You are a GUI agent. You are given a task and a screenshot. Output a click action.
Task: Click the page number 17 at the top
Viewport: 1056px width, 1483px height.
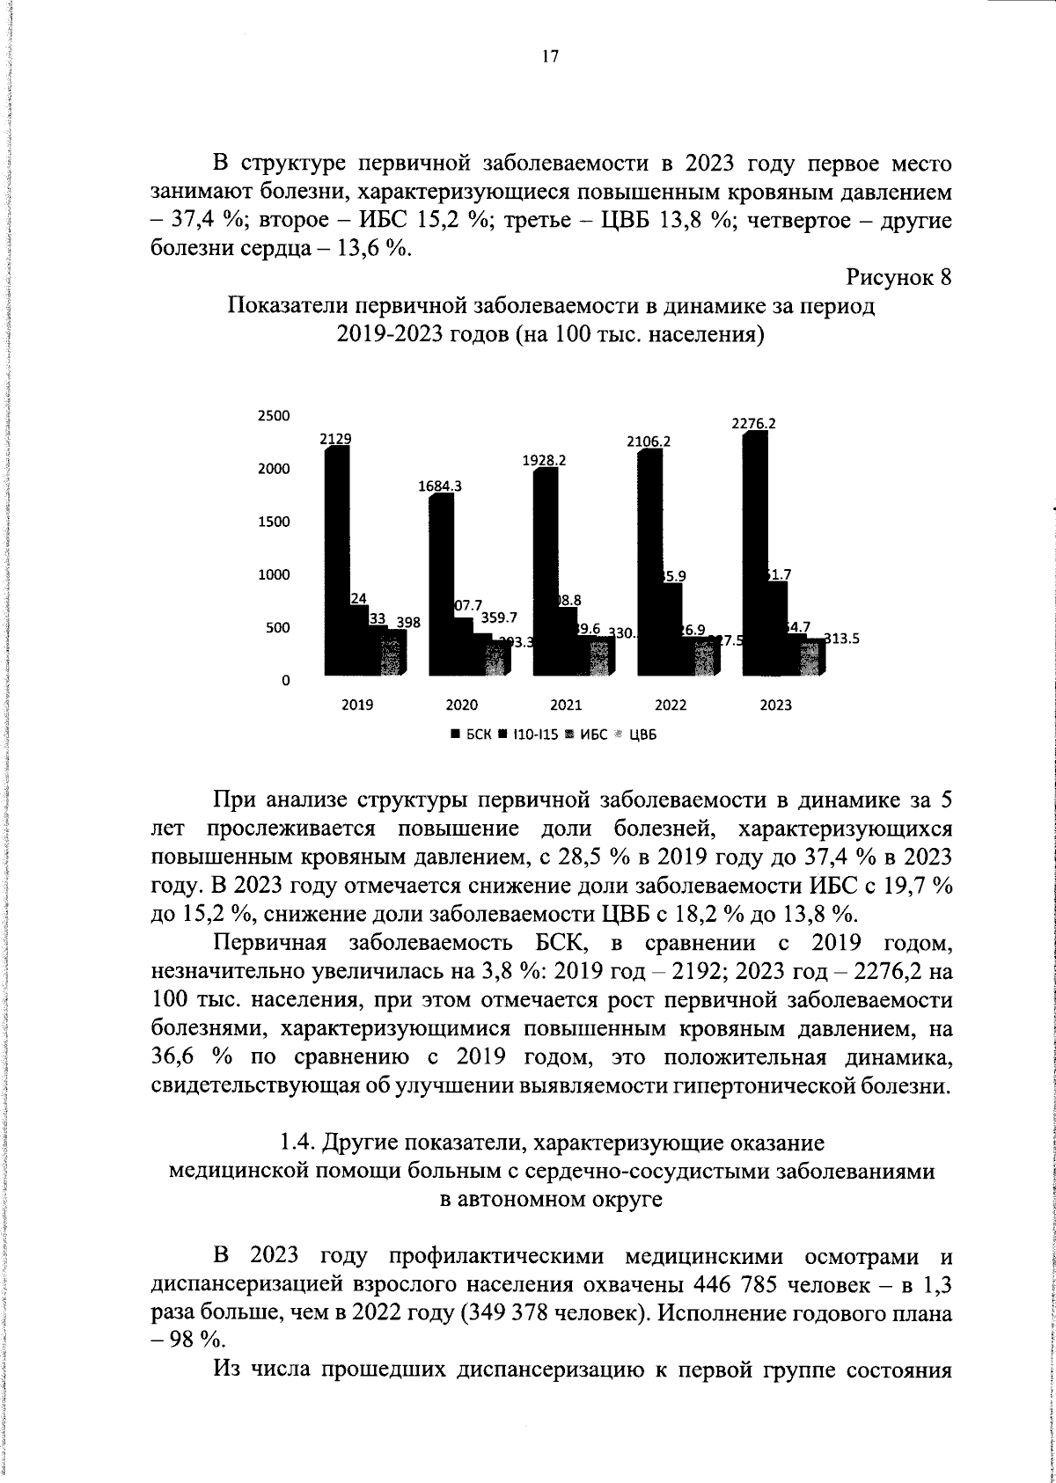point(550,57)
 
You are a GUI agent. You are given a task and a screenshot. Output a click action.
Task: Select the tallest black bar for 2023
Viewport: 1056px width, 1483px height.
point(755,554)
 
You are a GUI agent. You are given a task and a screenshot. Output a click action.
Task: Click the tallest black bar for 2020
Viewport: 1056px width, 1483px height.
point(440,585)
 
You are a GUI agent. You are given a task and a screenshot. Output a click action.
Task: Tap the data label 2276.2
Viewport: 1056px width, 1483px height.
point(753,423)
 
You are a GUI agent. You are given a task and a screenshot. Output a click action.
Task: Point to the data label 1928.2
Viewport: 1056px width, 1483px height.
point(544,459)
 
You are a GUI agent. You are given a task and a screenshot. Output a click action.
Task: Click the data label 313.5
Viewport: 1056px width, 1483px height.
point(840,639)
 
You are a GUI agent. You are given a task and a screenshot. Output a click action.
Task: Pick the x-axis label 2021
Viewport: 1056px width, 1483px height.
point(566,705)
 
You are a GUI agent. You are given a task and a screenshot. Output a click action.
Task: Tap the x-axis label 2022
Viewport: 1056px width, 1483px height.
point(671,705)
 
